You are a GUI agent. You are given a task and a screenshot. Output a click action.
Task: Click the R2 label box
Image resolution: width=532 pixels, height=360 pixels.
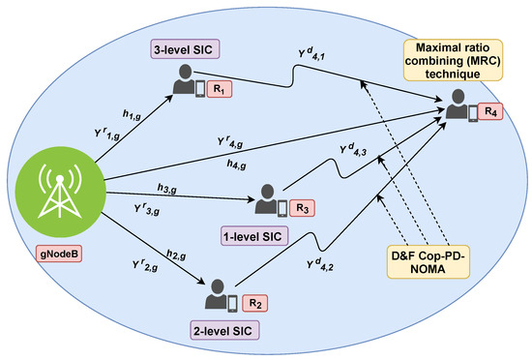pos(254,301)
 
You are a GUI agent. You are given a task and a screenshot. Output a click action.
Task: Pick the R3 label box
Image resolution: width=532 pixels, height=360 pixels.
pos(304,208)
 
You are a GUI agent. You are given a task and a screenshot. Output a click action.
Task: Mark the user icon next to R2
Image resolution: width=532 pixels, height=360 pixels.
pos(221,295)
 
